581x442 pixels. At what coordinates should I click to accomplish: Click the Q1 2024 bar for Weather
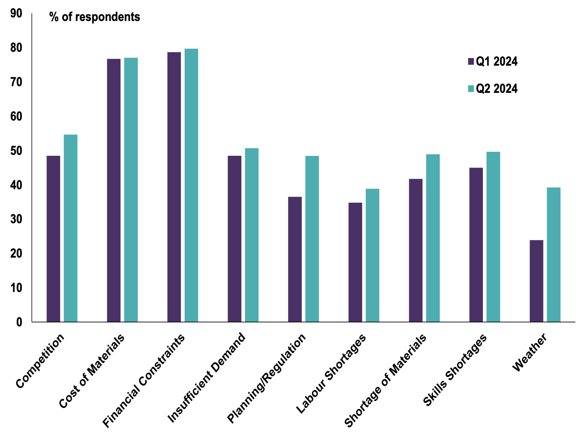(x=536, y=281)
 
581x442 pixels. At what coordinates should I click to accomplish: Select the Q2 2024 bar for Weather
(x=554, y=254)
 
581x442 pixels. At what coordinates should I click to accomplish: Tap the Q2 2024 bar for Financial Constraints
(x=191, y=185)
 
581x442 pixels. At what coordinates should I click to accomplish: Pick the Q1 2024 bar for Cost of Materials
(x=114, y=190)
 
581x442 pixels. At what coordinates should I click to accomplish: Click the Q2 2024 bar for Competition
(x=71, y=228)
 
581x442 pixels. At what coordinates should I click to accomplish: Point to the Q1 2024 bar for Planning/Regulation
(x=295, y=259)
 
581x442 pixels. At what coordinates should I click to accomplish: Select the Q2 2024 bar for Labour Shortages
(x=373, y=255)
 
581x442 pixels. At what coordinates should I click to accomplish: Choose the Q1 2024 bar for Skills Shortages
(x=476, y=245)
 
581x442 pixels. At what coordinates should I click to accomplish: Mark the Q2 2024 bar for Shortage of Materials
(x=433, y=238)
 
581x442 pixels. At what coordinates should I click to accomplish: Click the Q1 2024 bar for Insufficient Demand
(x=234, y=239)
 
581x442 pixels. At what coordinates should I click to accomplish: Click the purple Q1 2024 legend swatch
(x=471, y=62)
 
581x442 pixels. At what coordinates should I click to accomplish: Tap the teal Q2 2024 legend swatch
(x=471, y=89)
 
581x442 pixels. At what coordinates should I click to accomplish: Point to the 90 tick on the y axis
(x=16, y=13)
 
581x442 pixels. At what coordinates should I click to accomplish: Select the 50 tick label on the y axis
(x=16, y=151)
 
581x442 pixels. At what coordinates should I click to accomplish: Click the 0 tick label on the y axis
(x=19, y=322)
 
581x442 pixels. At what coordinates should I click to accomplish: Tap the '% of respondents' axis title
(x=95, y=17)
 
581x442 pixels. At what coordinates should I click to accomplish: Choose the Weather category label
(x=530, y=353)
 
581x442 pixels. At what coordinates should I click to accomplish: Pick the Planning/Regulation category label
(x=267, y=378)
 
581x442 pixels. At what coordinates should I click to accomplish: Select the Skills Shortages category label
(x=455, y=370)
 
